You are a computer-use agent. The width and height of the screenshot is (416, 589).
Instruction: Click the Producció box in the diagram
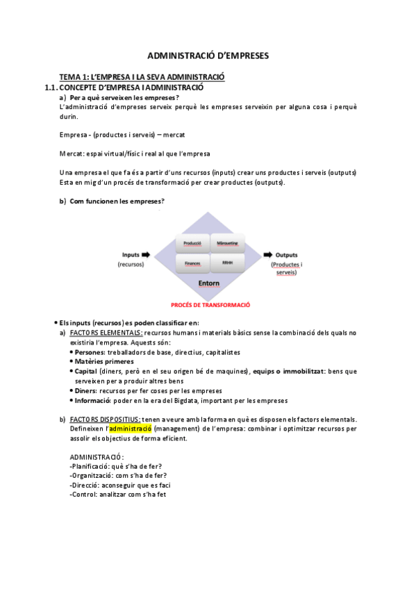192,244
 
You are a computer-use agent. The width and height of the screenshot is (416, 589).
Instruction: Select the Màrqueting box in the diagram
227,244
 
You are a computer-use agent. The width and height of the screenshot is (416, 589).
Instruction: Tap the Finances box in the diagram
192,263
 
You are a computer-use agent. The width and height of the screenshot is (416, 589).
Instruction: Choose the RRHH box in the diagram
227,263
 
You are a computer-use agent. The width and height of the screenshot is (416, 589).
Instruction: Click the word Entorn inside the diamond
209,283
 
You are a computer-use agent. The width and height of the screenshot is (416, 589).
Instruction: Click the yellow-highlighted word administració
131,429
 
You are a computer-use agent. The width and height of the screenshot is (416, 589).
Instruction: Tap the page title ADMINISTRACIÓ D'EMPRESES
208,53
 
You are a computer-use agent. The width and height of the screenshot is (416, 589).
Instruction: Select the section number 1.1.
49,88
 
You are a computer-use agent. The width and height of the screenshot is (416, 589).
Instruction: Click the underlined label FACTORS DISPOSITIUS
105,419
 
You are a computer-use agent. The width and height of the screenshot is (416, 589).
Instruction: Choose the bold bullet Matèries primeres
104,362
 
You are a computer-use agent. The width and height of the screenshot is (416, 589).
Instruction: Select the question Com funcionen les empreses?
117,201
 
